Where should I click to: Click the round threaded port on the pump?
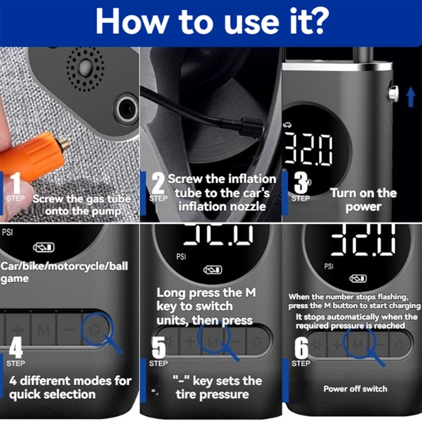126,110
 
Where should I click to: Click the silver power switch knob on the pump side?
393,93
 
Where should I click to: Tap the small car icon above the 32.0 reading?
287,125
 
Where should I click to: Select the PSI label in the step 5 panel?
181,257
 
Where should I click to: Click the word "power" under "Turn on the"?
363,207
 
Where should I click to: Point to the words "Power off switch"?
355,389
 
